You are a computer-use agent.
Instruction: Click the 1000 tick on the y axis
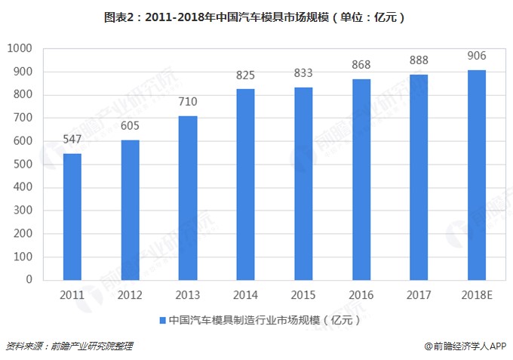[x=19, y=48]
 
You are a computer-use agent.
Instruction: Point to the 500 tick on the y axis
[x=22, y=164]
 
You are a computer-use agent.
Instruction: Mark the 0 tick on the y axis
[x=28, y=279]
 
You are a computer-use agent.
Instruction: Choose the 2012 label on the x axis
[x=130, y=294]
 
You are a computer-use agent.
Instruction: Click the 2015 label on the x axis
[x=303, y=294]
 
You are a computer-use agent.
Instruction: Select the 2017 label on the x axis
[x=418, y=294]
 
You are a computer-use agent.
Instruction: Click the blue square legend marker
[x=163, y=320]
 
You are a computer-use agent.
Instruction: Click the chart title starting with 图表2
[x=256, y=15]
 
